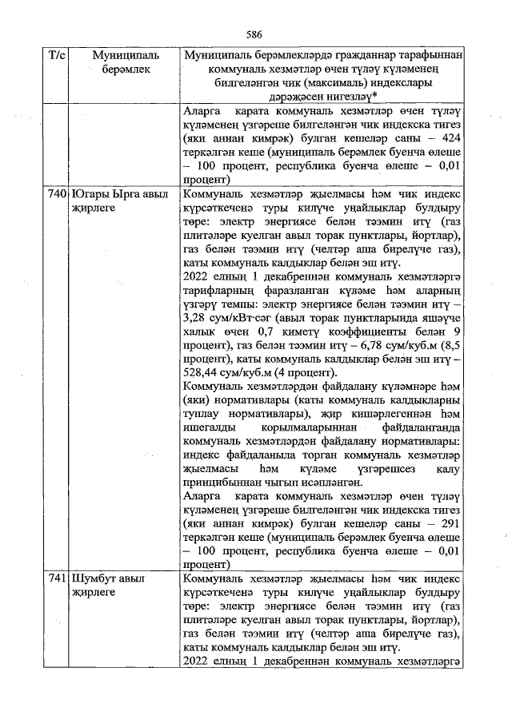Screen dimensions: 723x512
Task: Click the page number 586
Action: coord(255,34)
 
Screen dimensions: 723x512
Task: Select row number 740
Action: coord(56,194)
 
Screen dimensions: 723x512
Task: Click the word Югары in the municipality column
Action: coord(90,194)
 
